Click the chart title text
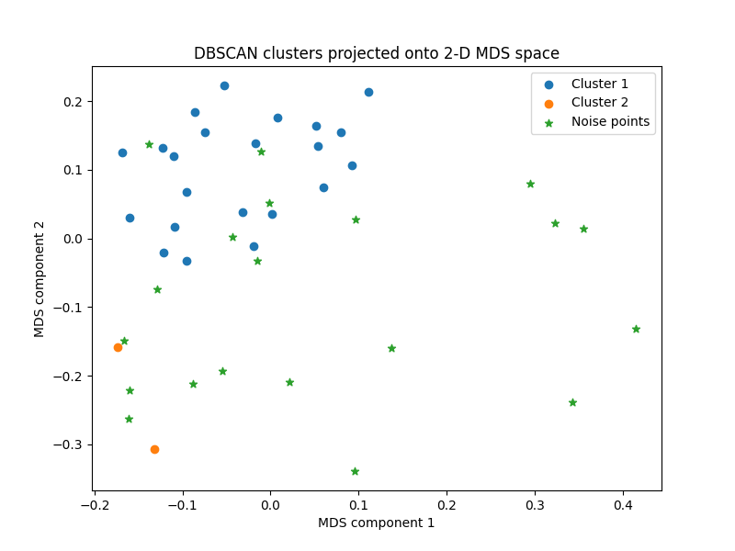pos(377,53)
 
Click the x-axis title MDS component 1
pos(377,523)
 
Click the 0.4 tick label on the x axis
pos(623,504)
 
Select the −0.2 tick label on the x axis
pos(95,504)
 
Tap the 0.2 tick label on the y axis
pos(73,101)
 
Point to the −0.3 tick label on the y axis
pos(68,444)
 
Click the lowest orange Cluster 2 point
pos(154,449)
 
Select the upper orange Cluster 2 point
pos(118,347)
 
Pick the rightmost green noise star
pos(636,329)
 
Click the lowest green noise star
pos(355,471)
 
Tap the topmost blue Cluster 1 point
pos(224,85)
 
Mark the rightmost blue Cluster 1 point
pos(368,92)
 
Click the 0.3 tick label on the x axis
pos(535,504)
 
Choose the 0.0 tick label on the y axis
pos(73,239)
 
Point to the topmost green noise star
pos(149,144)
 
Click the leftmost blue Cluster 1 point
pos(122,152)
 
